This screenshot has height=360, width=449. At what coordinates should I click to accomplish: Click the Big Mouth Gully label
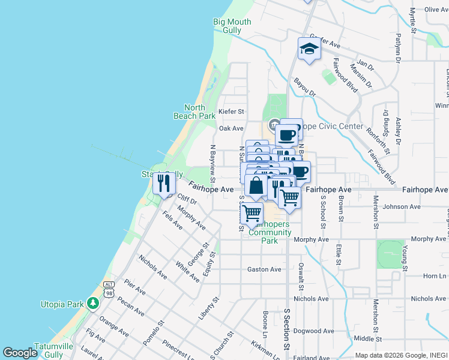coord(232,26)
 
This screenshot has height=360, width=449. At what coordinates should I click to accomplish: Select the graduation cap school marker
coord(309,49)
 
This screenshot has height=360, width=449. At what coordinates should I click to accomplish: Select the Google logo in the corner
coord(20,353)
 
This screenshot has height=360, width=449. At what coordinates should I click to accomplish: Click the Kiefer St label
coord(231,112)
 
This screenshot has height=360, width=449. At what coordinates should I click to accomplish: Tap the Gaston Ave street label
coord(264,269)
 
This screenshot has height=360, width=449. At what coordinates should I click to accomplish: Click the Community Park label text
coord(270,236)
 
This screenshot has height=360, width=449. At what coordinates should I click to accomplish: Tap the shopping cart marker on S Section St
coord(289,197)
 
